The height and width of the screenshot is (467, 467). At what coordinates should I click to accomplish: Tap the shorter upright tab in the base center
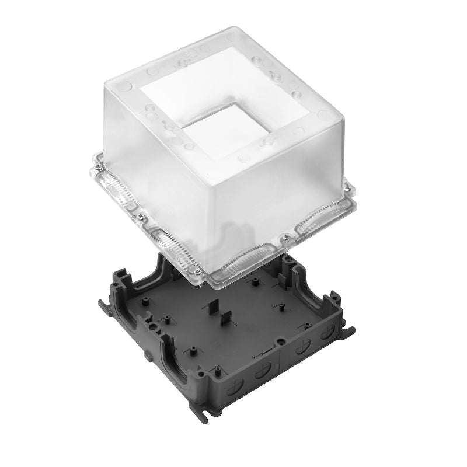click(224, 320)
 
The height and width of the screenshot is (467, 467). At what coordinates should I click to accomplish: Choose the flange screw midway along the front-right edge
click(285, 238)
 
